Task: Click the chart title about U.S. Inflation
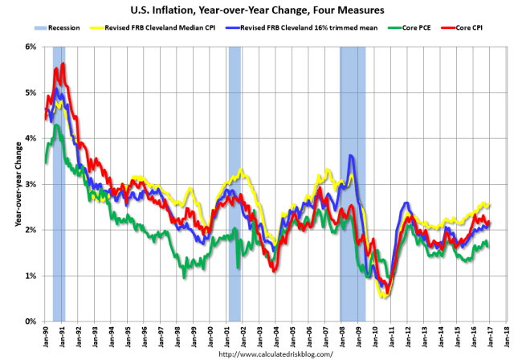(x=257, y=10)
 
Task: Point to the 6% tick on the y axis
(x=31, y=47)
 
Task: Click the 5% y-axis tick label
(x=31, y=92)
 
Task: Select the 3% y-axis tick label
(x=31, y=184)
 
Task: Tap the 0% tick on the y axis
(x=31, y=321)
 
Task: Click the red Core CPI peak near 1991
(x=63, y=63)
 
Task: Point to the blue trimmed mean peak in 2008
(x=350, y=156)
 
